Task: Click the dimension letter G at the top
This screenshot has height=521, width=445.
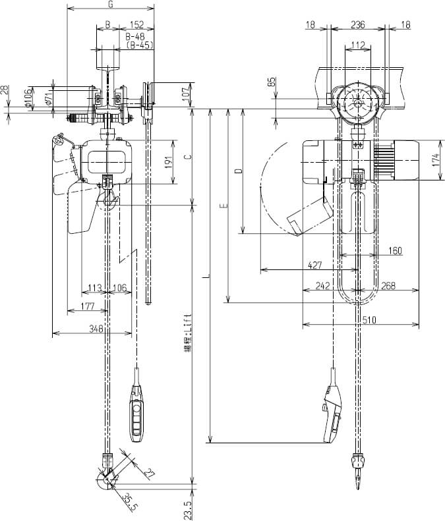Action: click(x=111, y=5)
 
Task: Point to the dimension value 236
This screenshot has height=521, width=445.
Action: click(x=357, y=24)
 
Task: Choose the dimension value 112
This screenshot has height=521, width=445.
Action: click(x=357, y=45)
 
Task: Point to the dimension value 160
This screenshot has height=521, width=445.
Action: click(x=395, y=250)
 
